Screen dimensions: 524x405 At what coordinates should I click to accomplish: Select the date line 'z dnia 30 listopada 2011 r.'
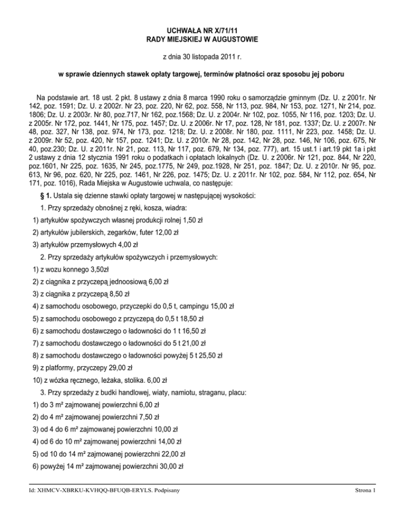click(x=202, y=55)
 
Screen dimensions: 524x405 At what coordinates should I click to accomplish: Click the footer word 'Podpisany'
click(x=165, y=491)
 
